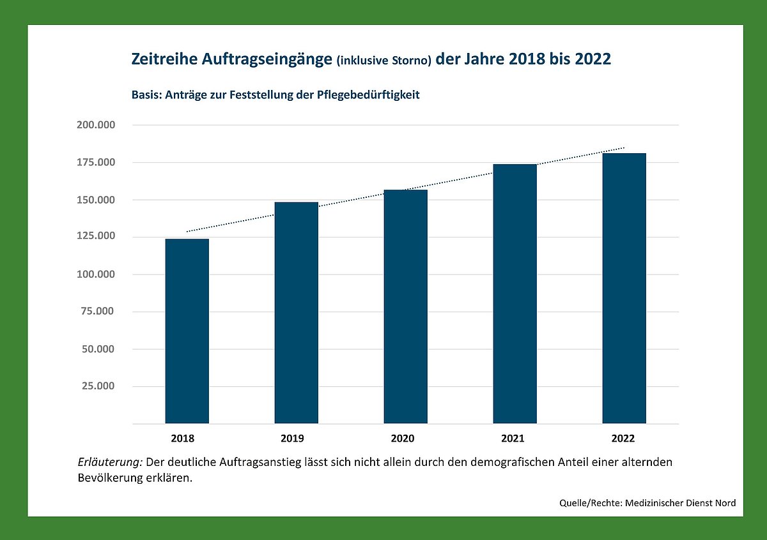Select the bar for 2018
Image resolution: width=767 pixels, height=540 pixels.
187,331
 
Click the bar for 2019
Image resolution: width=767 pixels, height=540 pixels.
296,313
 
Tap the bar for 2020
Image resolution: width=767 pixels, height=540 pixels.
405,307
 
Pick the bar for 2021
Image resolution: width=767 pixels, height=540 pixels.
515,294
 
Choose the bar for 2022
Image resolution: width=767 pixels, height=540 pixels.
624,289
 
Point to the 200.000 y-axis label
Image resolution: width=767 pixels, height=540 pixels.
96,125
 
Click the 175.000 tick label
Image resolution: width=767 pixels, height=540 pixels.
96,162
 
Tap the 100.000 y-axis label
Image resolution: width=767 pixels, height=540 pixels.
96,274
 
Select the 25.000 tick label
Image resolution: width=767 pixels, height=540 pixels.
98,386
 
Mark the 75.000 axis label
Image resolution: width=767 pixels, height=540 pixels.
98,311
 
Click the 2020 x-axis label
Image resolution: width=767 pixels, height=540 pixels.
403,439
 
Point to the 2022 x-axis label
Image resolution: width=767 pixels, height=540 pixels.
623,439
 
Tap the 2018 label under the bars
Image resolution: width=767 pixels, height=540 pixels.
183,439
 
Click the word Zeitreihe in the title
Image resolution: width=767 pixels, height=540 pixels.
164,59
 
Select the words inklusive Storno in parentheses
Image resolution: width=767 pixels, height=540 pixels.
384,61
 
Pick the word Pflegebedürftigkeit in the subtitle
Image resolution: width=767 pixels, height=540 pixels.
368,94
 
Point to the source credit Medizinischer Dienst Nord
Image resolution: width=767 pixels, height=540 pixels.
680,503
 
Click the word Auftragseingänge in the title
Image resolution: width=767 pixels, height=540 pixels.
267,59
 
